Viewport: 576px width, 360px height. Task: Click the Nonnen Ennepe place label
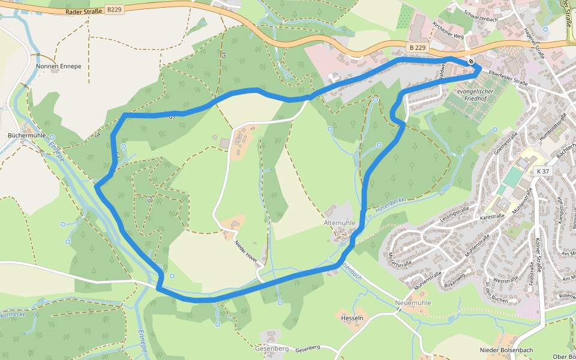[x=58, y=66]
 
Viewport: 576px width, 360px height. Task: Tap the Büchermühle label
[x=26, y=136]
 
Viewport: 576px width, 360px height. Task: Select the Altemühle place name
[x=340, y=223]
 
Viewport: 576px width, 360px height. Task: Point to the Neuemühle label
[x=413, y=303]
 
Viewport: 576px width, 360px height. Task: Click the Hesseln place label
[x=352, y=317]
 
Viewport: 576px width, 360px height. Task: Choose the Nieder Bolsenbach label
[x=506, y=350]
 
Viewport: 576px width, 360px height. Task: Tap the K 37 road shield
[x=542, y=172]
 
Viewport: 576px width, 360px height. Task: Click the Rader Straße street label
[x=84, y=11]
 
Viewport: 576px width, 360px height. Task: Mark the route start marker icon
[x=472, y=61]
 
